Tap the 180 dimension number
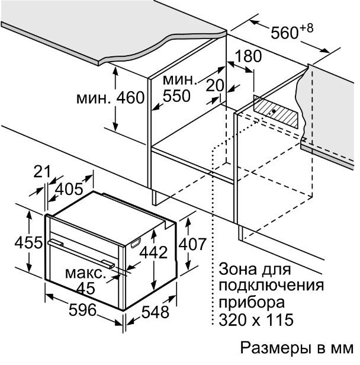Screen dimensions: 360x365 click(248, 56)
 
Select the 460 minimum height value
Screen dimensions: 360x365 click(130, 98)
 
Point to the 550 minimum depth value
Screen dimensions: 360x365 click(177, 95)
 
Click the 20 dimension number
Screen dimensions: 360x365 click(215, 85)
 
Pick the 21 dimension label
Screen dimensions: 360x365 click(42, 172)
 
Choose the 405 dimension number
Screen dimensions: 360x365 click(69, 188)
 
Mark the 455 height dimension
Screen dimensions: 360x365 click(28, 242)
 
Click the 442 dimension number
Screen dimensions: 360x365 click(153, 252)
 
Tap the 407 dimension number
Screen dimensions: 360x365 click(192, 244)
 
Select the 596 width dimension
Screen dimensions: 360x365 click(82, 310)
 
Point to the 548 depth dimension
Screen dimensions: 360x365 click(155, 312)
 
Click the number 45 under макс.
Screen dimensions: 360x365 click(86, 288)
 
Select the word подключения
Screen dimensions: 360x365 click(271, 286)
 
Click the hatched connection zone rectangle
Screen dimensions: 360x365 click(275, 112)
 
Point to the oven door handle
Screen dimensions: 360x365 click(81, 254)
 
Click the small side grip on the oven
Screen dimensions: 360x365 click(136, 242)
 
